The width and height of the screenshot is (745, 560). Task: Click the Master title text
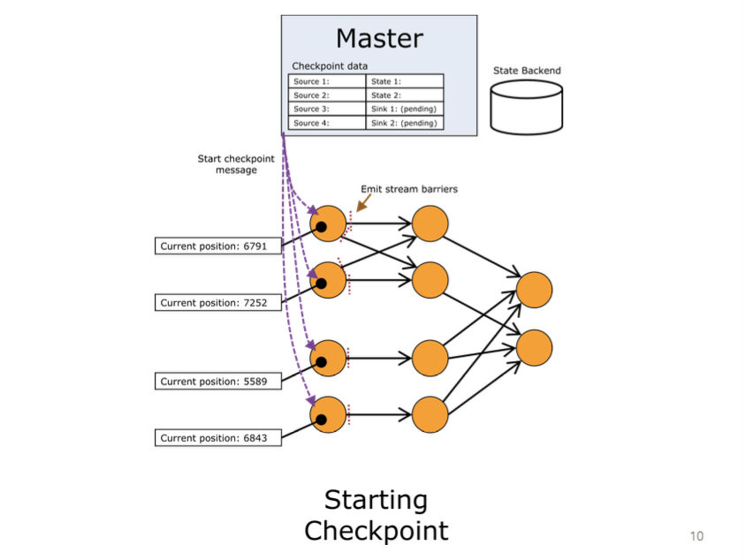click(379, 39)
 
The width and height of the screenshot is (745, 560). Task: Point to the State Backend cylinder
click(527, 106)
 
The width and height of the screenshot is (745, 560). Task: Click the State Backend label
click(527, 71)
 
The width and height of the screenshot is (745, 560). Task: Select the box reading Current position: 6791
click(219, 246)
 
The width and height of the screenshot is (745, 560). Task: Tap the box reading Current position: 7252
click(219, 303)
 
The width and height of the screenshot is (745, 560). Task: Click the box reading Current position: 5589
click(219, 382)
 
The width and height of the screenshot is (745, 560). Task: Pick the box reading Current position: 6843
click(219, 437)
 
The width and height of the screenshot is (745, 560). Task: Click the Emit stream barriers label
click(409, 189)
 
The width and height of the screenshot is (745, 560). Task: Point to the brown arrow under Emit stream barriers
click(361, 204)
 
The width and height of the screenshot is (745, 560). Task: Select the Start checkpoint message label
click(236, 164)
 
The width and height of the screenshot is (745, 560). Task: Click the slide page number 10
click(696, 536)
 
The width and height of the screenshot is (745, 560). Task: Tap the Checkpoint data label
click(330, 66)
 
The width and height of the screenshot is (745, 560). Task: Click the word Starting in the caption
click(376, 500)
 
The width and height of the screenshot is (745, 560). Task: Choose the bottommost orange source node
click(328, 414)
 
